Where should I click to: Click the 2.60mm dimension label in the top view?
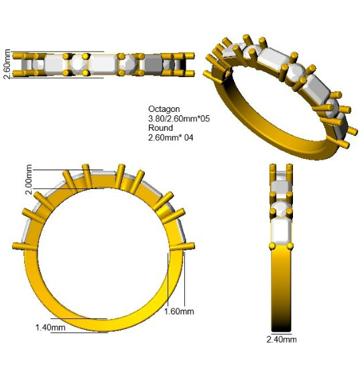coord(7,64)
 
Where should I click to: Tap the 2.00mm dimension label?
coord(28,180)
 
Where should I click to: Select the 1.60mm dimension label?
coord(179,312)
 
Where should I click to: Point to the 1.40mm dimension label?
coord(50,328)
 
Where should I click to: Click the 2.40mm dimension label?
coord(282,339)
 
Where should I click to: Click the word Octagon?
coord(164,109)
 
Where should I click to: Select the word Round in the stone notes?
coord(161,128)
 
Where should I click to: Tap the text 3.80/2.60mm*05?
coord(179,119)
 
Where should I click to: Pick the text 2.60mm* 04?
coord(171,137)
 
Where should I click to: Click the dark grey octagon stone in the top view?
coord(153,64)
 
